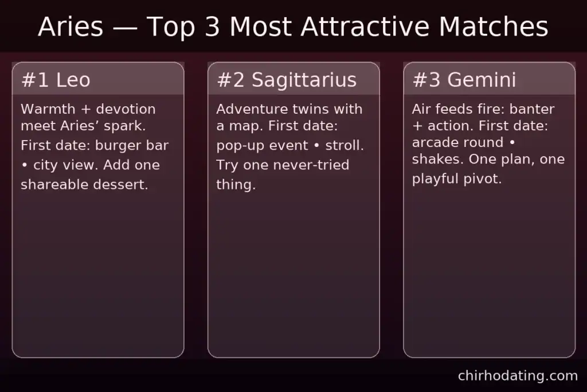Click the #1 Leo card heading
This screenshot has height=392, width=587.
point(56,80)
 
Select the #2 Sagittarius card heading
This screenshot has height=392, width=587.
point(287,80)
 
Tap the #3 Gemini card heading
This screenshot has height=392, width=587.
point(464,80)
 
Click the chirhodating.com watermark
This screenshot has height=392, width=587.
point(518,376)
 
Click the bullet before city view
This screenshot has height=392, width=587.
point(24,165)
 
